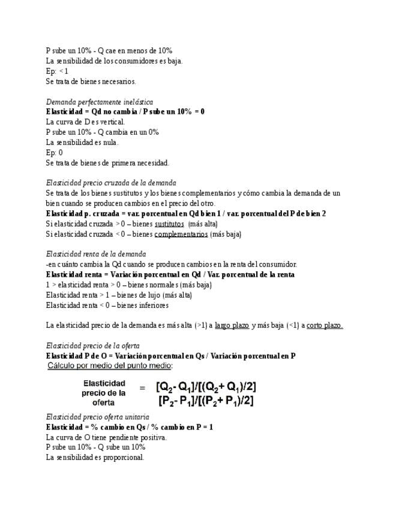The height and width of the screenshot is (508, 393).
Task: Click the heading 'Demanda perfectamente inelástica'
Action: coord(99,102)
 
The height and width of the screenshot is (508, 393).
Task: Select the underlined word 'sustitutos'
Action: coord(169,223)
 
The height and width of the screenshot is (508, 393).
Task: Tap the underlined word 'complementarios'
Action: coord(181,234)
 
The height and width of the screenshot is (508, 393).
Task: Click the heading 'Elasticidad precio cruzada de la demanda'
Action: coord(111,183)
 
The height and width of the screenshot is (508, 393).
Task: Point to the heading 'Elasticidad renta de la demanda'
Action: coord(95,254)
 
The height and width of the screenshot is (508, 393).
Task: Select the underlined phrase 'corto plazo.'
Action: coord(325,325)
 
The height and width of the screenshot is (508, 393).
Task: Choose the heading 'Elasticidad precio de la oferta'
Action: coord(93,346)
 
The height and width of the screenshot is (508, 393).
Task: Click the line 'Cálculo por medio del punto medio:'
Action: coord(110,365)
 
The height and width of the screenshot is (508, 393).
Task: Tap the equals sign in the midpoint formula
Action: coord(142,388)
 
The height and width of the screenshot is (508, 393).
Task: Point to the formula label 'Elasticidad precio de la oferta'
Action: coord(104,393)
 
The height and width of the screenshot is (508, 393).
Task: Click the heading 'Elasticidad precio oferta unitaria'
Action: coord(98,417)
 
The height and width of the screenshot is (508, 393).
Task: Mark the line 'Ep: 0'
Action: coord(55,153)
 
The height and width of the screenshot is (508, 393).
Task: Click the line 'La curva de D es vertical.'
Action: coord(85,122)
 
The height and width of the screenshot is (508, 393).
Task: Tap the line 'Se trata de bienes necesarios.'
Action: coord(91,81)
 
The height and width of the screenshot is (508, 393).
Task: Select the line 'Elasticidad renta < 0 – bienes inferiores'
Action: coord(107,305)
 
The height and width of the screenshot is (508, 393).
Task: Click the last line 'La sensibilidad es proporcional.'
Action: coord(95,458)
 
